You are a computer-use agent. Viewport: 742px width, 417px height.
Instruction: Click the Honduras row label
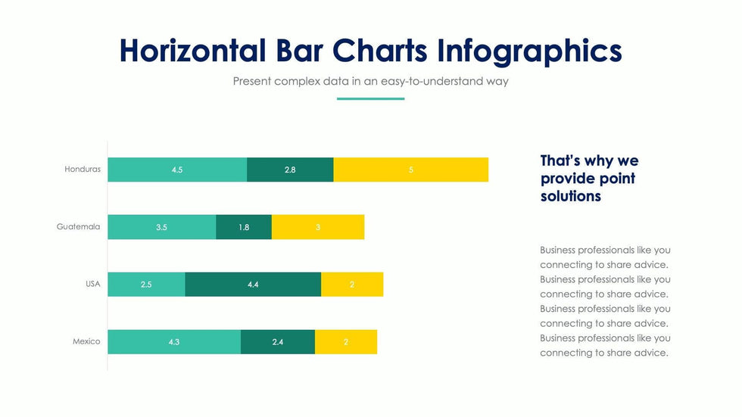83,170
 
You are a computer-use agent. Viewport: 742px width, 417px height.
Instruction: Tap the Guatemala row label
78,226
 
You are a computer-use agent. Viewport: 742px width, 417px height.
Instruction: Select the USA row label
92,284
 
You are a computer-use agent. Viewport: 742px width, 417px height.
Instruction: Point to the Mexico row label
86,341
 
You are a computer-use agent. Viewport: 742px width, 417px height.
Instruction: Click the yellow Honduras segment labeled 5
411,170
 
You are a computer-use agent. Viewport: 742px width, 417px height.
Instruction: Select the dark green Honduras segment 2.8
290,170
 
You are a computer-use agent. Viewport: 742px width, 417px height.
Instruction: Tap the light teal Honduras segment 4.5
177,170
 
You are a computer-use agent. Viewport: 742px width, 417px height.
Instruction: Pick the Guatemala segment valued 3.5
161,227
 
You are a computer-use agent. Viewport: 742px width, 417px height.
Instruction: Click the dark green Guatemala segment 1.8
244,227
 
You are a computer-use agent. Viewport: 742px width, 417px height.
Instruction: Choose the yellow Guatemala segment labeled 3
318,227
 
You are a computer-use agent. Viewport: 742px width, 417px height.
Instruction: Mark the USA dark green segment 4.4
253,285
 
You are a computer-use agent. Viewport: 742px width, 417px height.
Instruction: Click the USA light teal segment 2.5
146,285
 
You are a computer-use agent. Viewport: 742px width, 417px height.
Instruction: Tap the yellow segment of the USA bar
352,285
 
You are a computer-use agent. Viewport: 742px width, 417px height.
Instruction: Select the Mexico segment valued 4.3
174,342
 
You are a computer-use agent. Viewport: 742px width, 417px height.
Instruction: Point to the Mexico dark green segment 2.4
278,342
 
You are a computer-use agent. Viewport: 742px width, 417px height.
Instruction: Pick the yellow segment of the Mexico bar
346,342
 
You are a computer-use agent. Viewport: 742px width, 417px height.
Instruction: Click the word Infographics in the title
529,51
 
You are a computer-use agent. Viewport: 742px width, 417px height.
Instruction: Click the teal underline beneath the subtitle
370,98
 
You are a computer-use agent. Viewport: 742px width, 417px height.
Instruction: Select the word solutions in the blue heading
571,196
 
